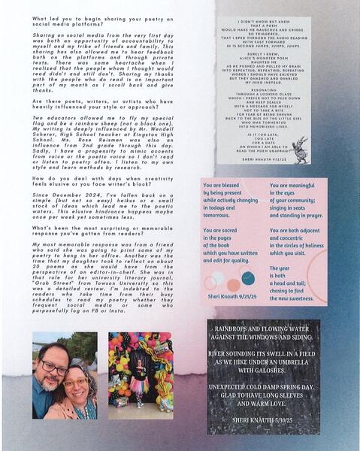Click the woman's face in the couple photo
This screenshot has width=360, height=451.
coord(75,389)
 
